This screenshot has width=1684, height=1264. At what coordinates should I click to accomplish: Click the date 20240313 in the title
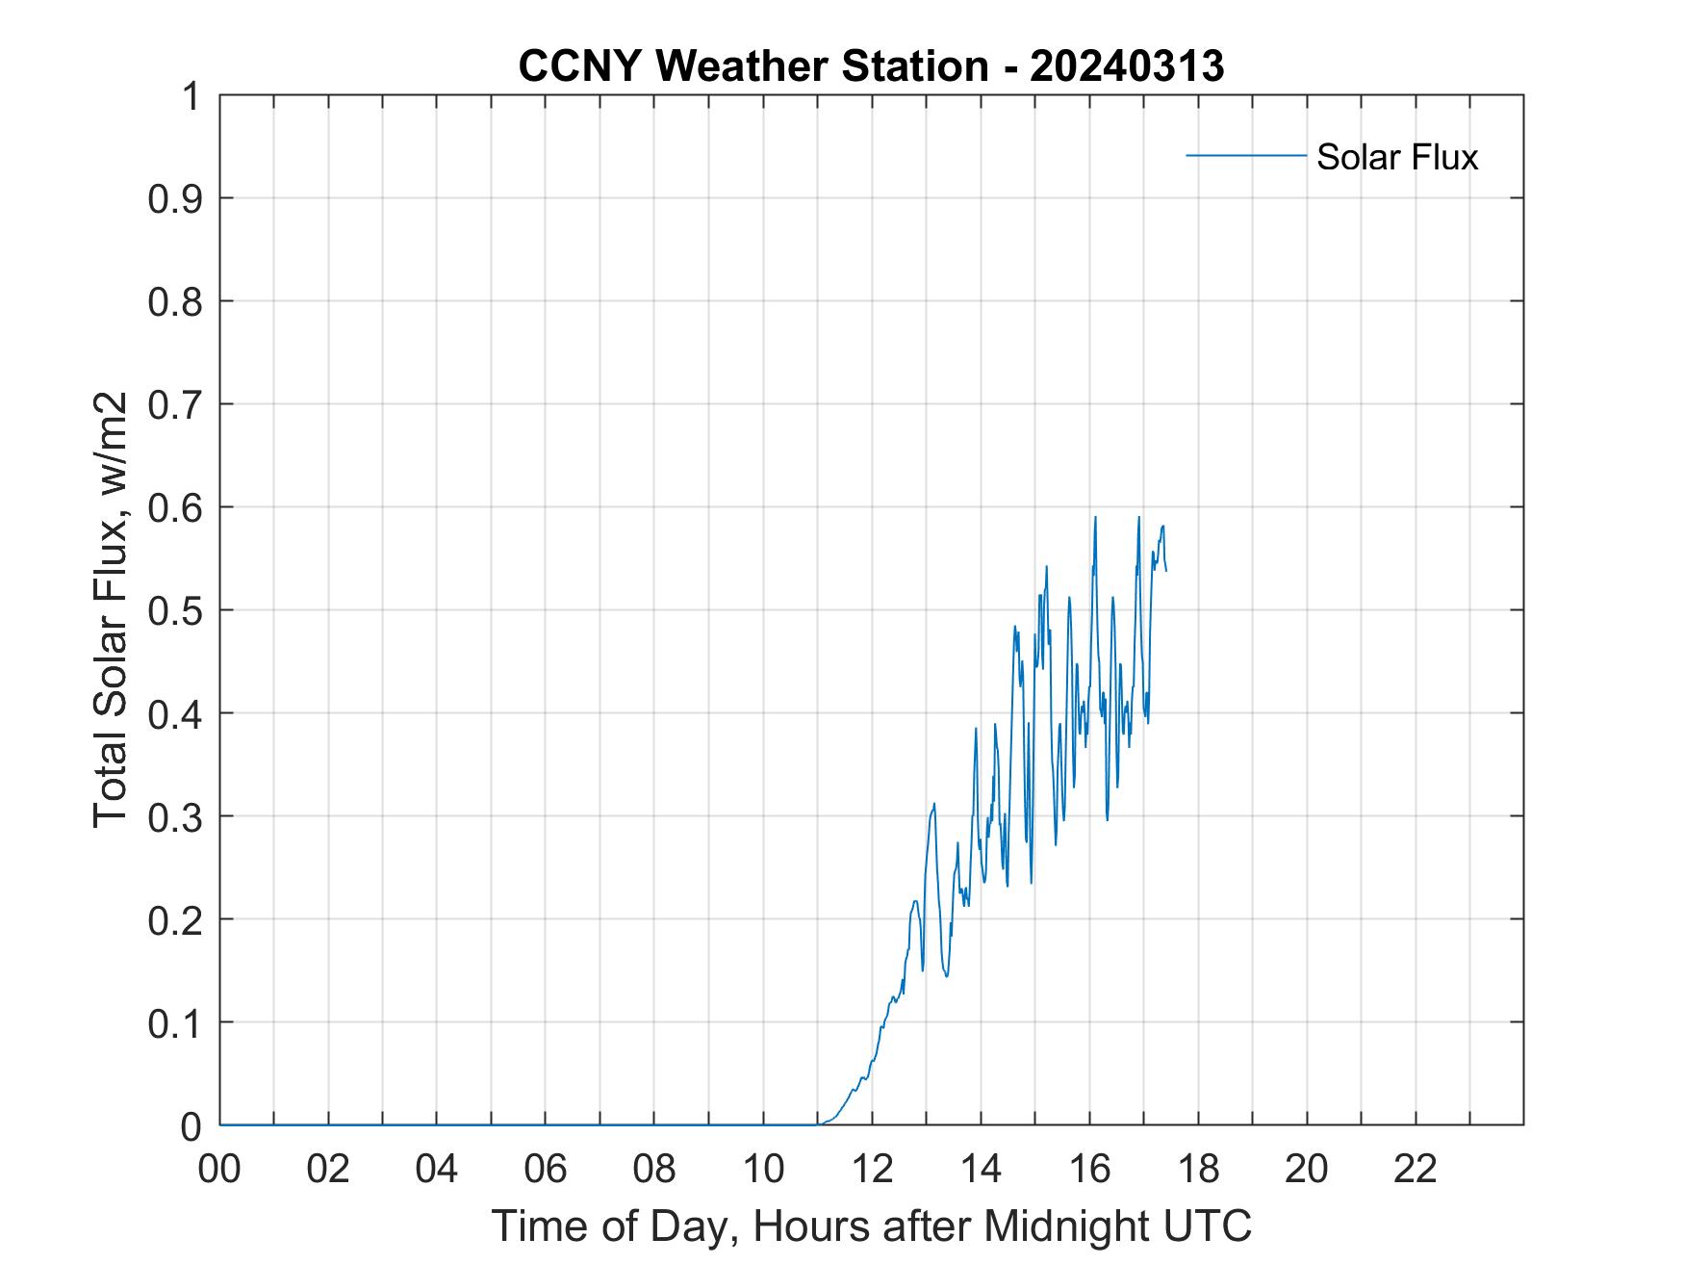pos(1127,66)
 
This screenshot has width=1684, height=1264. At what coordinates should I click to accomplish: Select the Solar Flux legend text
pos(1396,157)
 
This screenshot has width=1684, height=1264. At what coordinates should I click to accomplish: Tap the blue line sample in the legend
pos(1245,155)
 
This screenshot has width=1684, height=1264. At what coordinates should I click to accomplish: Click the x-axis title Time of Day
pos(871,1225)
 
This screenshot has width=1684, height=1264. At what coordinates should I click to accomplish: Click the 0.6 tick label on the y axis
pos(177,507)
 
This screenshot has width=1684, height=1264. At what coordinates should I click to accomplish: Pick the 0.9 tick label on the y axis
pos(177,198)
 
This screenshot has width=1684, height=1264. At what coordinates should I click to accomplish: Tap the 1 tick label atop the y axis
pos(191,96)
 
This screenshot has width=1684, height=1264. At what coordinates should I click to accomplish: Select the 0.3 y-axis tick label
pos(177,816)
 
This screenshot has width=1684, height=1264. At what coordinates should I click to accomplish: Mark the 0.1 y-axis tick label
pos(177,1022)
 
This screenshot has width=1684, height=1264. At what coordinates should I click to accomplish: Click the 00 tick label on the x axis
pos(219,1170)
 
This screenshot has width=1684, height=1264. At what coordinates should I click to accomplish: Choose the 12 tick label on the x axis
pos(872,1170)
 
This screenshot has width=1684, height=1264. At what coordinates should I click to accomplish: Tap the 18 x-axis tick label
pos(1198,1170)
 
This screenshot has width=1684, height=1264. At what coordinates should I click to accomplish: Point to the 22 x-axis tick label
pos(1416,1170)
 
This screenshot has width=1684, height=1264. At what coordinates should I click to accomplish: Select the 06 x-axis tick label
pos(546,1170)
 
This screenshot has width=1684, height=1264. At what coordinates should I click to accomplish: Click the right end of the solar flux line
pos(1166,571)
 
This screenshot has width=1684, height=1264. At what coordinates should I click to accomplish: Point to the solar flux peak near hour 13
pos(933,804)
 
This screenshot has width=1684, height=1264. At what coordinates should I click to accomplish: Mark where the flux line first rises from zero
pos(818,1123)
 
